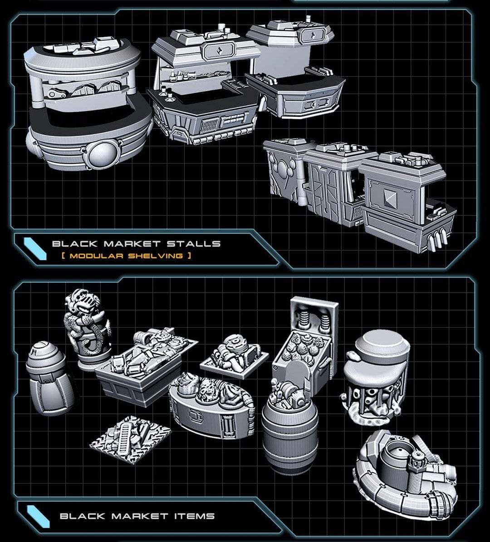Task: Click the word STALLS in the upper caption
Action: (193, 243)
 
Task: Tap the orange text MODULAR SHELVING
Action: (126, 256)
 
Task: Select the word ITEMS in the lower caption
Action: (194, 516)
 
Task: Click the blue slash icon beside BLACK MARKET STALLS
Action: (35, 248)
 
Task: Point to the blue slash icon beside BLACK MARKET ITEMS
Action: (38, 517)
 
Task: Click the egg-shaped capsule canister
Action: (49, 378)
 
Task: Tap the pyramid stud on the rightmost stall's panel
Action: (390, 197)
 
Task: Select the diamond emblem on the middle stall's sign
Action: (220, 51)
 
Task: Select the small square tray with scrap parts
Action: (235, 356)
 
